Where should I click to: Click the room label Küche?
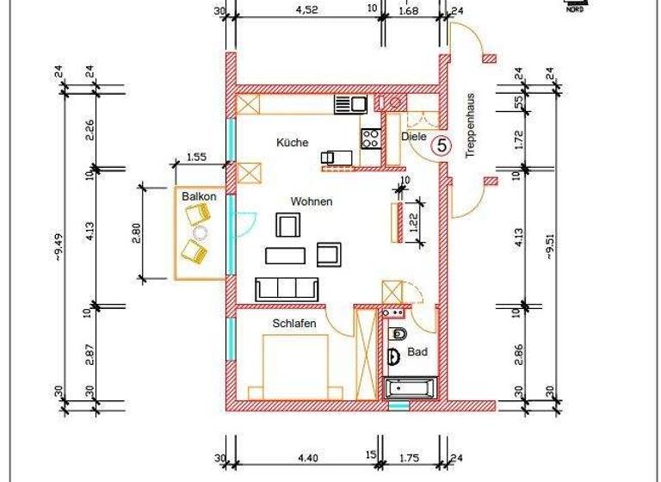[x=292, y=143]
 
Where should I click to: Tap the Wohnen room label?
[x=311, y=201]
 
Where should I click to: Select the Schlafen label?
[x=294, y=323]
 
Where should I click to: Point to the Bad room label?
[x=417, y=352]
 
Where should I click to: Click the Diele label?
[x=414, y=136]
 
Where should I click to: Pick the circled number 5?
[x=441, y=145]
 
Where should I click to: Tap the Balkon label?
[x=198, y=197]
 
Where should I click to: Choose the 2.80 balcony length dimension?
[x=135, y=232]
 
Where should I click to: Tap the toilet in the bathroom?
[x=398, y=334]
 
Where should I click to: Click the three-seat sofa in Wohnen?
[x=286, y=289]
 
